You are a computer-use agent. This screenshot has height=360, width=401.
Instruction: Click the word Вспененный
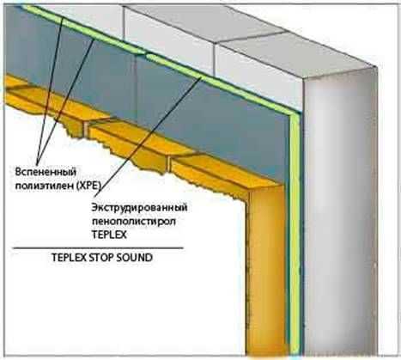pos(46,173)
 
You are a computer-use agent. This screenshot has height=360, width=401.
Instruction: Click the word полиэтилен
pos(44,186)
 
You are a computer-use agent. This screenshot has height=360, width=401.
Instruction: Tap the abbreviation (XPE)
pos(88,186)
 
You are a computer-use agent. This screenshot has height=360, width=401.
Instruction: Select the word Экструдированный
pos(139,207)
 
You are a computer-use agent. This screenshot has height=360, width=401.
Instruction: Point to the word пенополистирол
pos(133,221)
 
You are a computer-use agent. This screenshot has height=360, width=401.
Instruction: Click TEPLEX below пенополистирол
pos(109,235)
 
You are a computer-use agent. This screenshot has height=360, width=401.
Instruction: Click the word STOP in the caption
pos(100,258)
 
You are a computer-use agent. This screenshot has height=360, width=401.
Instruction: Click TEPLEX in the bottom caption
pos(69,258)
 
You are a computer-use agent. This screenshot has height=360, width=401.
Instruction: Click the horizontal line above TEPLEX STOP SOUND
pos(98,247)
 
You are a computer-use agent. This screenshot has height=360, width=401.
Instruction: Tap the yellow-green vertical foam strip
pos(295,235)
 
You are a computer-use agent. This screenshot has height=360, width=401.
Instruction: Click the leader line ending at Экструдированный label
pos(148,137)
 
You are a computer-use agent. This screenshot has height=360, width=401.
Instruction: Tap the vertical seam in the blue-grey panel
pos(137,92)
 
